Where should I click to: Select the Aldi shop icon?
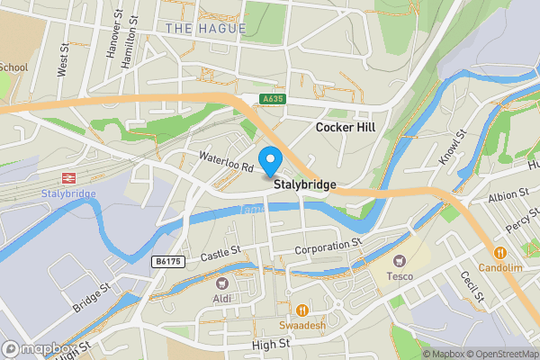[x=222, y=283]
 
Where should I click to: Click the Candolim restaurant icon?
[x=499, y=253]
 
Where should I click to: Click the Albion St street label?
[x=508, y=195]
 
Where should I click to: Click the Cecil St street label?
[x=472, y=287]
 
